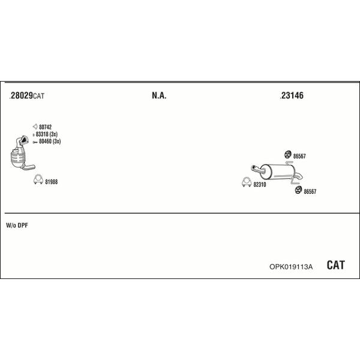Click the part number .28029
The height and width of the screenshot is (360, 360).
click(x=21, y=95)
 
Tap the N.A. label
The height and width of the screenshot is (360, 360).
click(x=159, y=95)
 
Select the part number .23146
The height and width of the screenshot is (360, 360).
click(x=292, y=95)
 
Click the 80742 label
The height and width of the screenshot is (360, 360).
click(x=45, y=127)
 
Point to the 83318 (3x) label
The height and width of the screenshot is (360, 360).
click(x=47, y=134)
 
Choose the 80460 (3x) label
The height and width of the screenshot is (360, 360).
click(x=50, y=141)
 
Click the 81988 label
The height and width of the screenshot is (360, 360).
click(x=51, y=182)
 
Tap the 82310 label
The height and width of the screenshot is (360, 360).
click(x=260, y=184)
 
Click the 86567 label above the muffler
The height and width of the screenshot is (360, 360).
click(x=299, y=156)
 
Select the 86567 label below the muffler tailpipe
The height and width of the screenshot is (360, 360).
click(x=310, y=191)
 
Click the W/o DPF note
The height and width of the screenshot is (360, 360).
click(x=17, y=226)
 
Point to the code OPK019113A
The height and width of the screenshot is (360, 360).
click(x=291, y=267)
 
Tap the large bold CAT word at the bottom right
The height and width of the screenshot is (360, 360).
click(x=335, y=265)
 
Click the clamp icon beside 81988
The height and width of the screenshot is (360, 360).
click(x=38, y=179)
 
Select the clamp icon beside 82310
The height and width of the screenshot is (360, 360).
click(x=247, y=182)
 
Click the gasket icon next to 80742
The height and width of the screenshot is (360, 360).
click(x=35, y=126)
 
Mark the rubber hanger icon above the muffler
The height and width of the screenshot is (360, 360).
click(x=287, y=155)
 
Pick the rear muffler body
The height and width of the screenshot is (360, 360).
click(x=277, y=172)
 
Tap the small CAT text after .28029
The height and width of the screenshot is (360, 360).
click(x=38, y=96)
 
